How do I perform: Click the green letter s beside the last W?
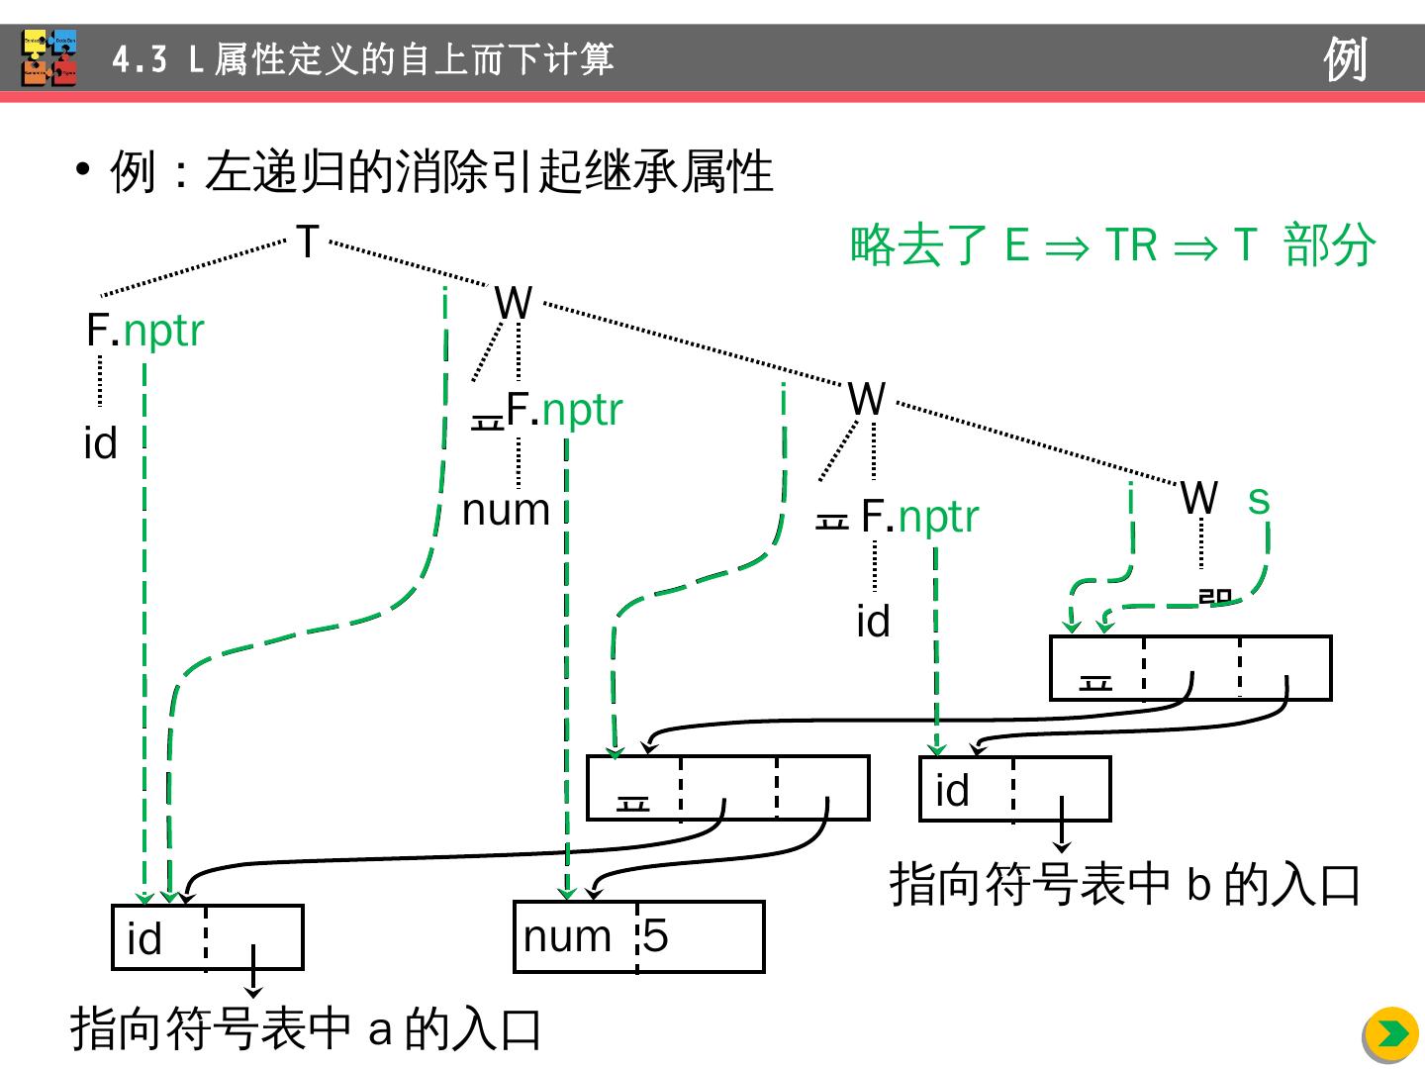pyautogui.click(x=1258, y=500)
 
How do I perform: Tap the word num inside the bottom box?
pyautogui.click(x=567, y=936)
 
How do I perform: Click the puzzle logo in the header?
pyautogui.click(x=49, y=58)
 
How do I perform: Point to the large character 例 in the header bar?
pyautogui.click(x=1346, y=59)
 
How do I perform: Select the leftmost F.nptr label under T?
pyautogui.click(x=145, y=331)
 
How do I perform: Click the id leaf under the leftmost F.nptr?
pyautogui.click(x=100, y=442)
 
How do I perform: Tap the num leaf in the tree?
pyautogui.click(x=506, y=510)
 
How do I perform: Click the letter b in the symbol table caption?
pyautogui.click(x=1199, y=884)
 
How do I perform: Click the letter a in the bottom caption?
pyautogui.click(x=380, y=1030)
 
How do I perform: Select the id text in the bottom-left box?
pyautogui.click(x=144, y=938)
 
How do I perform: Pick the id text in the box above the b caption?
pyautogui.click(x=952, y=790)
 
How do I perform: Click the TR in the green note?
pyautogui.click(x=1130, y=244)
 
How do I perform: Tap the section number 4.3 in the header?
pyautogui.click(x=140, y=59)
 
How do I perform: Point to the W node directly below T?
pyautogui.click(x=513, y=303)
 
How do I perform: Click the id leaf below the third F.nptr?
pyautogui.click(x=873, y=622)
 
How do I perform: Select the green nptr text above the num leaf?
pyautogui.click(x=582, y=410)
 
